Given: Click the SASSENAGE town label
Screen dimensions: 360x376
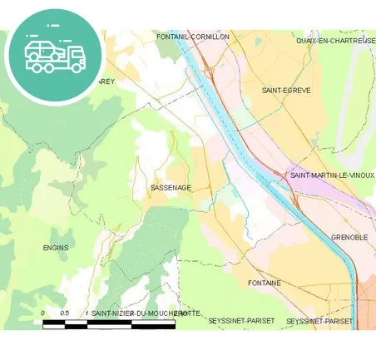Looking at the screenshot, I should [171, 188].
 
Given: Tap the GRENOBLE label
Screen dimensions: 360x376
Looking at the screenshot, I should [349, 237].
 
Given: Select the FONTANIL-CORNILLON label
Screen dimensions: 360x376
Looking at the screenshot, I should [193, 37].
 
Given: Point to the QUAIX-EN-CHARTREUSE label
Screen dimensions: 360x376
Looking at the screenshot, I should [335, 40].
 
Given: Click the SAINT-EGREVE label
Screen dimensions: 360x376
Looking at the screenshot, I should [285, 90].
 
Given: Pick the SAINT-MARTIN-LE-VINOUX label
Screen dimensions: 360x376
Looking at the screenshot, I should [331, 175].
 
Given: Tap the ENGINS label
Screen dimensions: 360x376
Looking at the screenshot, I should [56, 248].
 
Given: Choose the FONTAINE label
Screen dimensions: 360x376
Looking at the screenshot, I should [265, 284].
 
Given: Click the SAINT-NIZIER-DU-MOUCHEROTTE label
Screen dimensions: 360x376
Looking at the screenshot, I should [146, 313].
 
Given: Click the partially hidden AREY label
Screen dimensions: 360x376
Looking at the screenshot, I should [106, 81].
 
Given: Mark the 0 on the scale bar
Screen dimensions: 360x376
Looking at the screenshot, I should [43, 313].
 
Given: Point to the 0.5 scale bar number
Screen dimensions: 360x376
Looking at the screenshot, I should [64, 313].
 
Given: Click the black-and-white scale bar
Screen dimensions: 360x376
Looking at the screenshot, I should [108, 323].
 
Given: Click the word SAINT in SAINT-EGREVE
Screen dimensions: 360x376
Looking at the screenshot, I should [272, 90].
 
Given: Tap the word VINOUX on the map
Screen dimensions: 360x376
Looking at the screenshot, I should [360, 175].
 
